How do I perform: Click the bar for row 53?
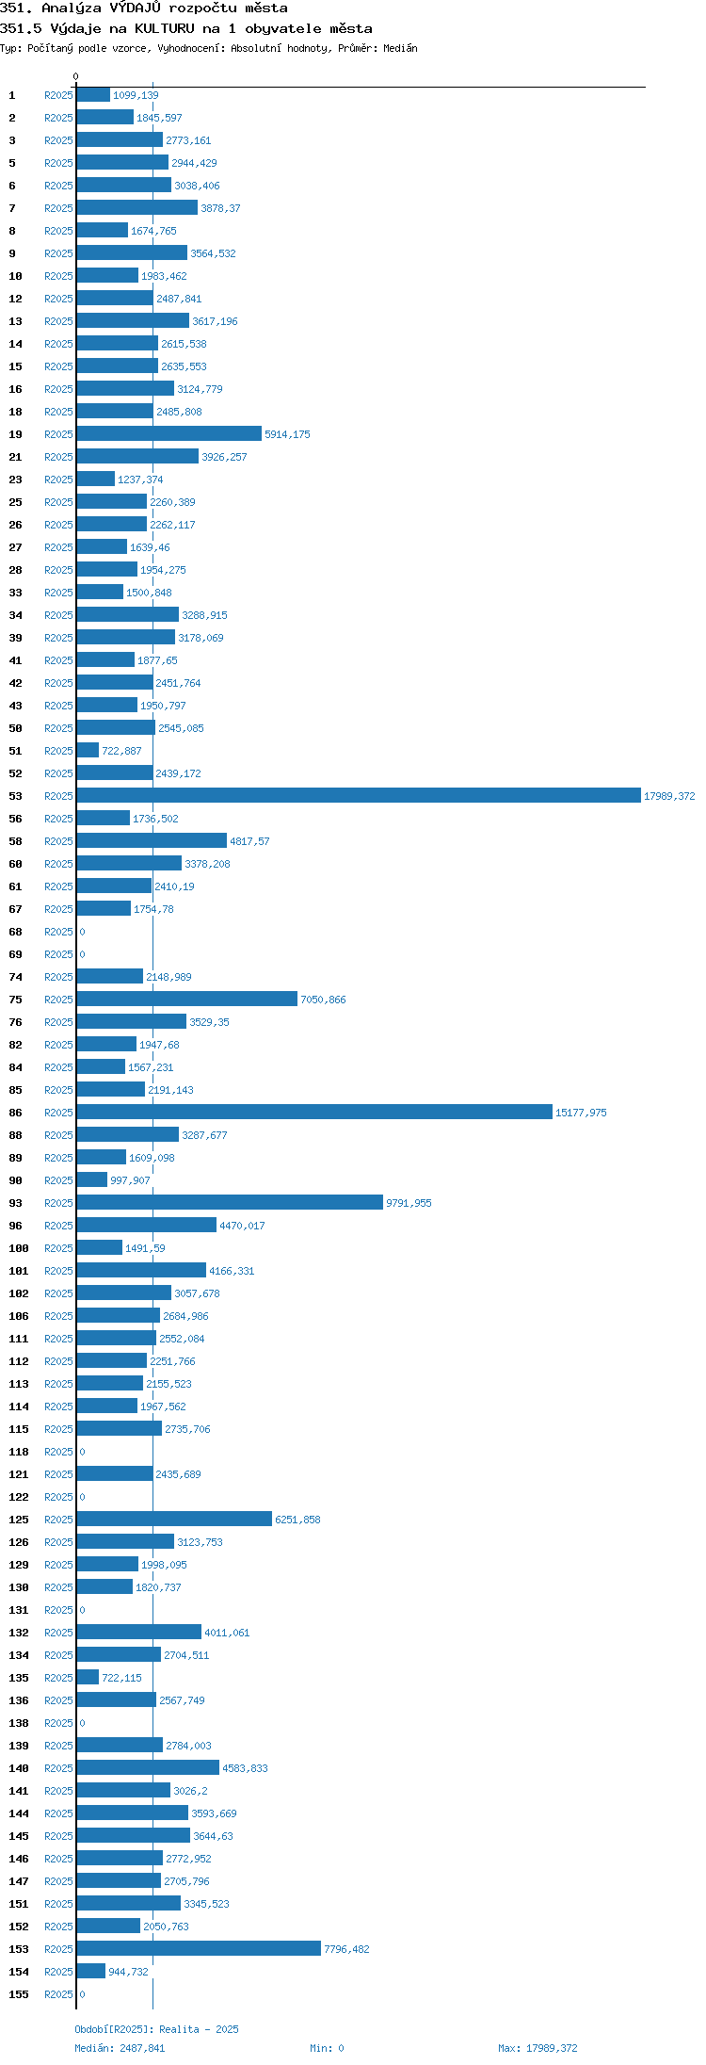click(359, 796)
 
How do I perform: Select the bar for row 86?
click(314, 1113)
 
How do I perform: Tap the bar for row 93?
click(230, 1203)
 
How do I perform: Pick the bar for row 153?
click(199, 1949)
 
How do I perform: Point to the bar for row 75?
click(187, 1000)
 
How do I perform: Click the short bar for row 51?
click(88, 751)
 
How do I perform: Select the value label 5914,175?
click(287, 434)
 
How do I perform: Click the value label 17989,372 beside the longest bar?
click(669, 796)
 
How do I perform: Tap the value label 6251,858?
click(297, 1520)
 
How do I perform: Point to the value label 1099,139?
click(136, 95)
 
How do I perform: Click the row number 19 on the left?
click(15, 434)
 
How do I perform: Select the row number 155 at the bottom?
click(19, 1994)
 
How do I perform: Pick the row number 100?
click(19, 1248)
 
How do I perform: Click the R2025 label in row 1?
click(58, 95)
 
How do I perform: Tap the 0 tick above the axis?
click(76, 76)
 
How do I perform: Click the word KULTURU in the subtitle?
click(164, 28)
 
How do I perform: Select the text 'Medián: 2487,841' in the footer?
click(120, 2048)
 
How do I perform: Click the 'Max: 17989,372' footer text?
click(538, 2048)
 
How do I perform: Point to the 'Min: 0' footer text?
click(327, 2048)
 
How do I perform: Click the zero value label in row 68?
click(82, 932)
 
